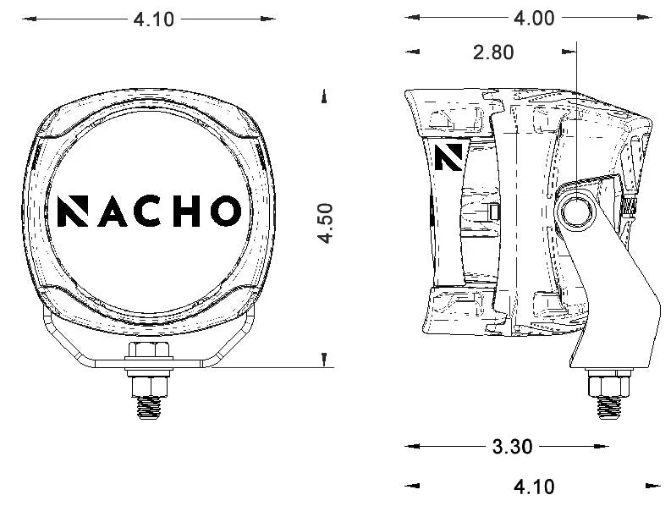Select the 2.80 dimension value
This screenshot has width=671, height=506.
click(x=493, y=52)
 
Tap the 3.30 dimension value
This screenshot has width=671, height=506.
click(x=512, y=447)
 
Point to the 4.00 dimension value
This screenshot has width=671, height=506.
click(x=534, y=18)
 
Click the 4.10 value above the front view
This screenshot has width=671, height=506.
click(x=154, y=19)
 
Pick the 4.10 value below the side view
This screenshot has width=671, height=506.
click(x=534, y=486)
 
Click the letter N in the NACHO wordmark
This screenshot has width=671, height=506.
click(x=74, y=211)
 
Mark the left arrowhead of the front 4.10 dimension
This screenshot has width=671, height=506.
click(x=26, y=18)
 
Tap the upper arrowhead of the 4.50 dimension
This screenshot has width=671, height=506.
click(x=325, y=97)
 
